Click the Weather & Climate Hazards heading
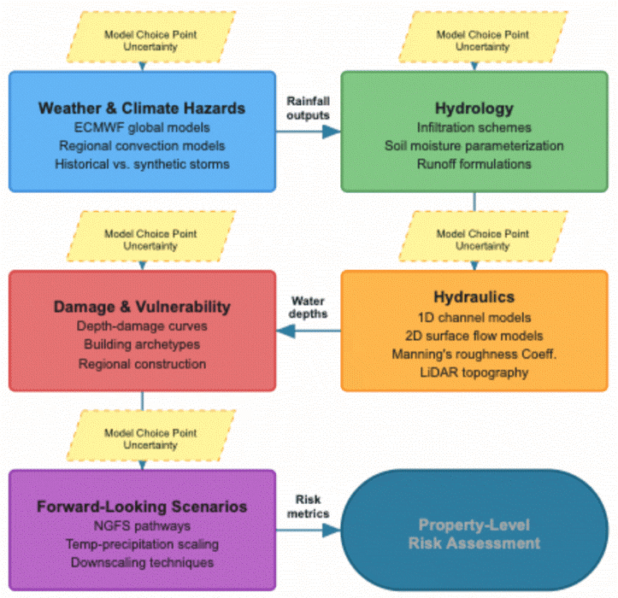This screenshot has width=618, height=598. (x=142, y=108)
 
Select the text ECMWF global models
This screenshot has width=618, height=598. (x=142, y=127)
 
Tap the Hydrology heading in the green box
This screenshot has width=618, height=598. (x=474, y=108)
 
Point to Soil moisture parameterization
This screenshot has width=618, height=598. (x=474, y=145)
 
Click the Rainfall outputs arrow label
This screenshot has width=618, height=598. (x=307, y=108)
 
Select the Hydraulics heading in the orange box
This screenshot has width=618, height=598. (x=474, y=297)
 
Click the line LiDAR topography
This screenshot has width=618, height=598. (x=474, y=372)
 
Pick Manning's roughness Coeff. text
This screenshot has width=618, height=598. (x=474, y=353)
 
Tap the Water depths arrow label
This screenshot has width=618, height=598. (x=309, y=307)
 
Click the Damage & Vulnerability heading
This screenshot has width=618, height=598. (x=142, y=307)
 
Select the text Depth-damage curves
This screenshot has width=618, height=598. (x=142, y=325)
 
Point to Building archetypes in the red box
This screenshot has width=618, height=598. (x=142, y=344)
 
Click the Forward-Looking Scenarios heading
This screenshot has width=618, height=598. (x=142, y=506)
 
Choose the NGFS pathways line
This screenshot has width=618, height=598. (x=142, y=525)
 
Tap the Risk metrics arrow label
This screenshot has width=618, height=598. (x=307, y=506)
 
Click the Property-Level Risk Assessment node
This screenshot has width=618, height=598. (x=474, y=535)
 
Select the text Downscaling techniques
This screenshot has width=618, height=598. (x=142, y=562)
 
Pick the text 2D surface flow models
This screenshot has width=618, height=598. (x=474, y=334)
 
